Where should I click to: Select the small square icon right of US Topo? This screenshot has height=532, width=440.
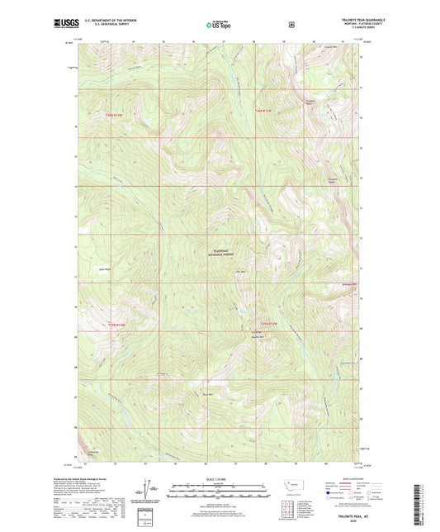[291, 25]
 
